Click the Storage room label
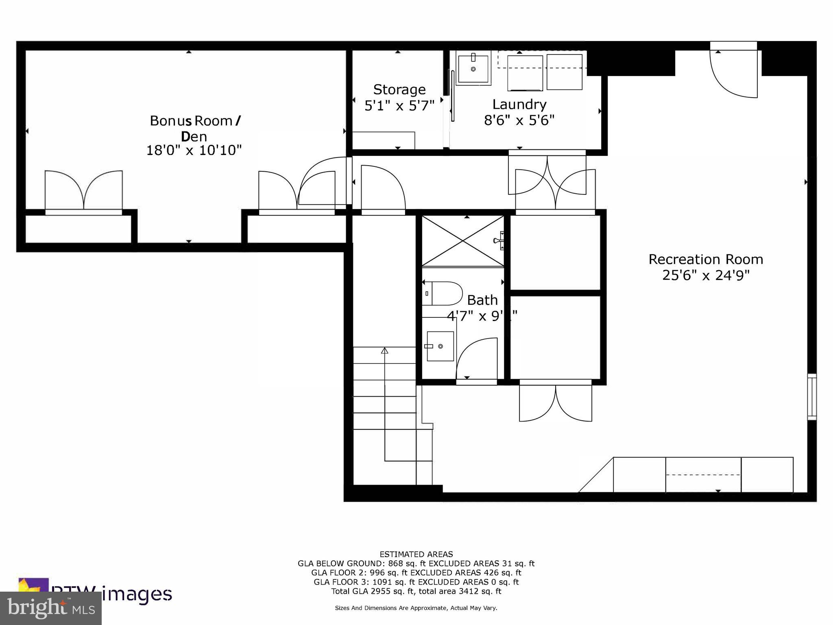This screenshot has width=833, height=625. [x=399, y=90]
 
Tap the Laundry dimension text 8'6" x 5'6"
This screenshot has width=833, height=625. [x=519, y=120]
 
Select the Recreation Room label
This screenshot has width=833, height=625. [x=705, y=259]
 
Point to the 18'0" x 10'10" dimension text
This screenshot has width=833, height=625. [x=194, y=151]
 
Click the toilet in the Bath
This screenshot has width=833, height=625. [x=443, y=293]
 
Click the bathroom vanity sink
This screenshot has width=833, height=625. [x=440, y=346]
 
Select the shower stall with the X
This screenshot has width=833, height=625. [x=463, y=241]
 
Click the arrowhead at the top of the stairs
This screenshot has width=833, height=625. [x=384, y=350]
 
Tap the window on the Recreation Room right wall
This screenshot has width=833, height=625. [x=811, y=397]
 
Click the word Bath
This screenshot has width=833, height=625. [x=482, y=300]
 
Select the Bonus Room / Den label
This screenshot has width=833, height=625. [x=195, y=128]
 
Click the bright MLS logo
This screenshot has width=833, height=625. [x=50, y=608]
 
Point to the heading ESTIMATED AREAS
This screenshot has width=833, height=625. [x=416, y=554]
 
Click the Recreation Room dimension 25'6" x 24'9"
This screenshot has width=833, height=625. [x=705, y=275]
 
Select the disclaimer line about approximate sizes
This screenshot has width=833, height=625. [x=416, y=608]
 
